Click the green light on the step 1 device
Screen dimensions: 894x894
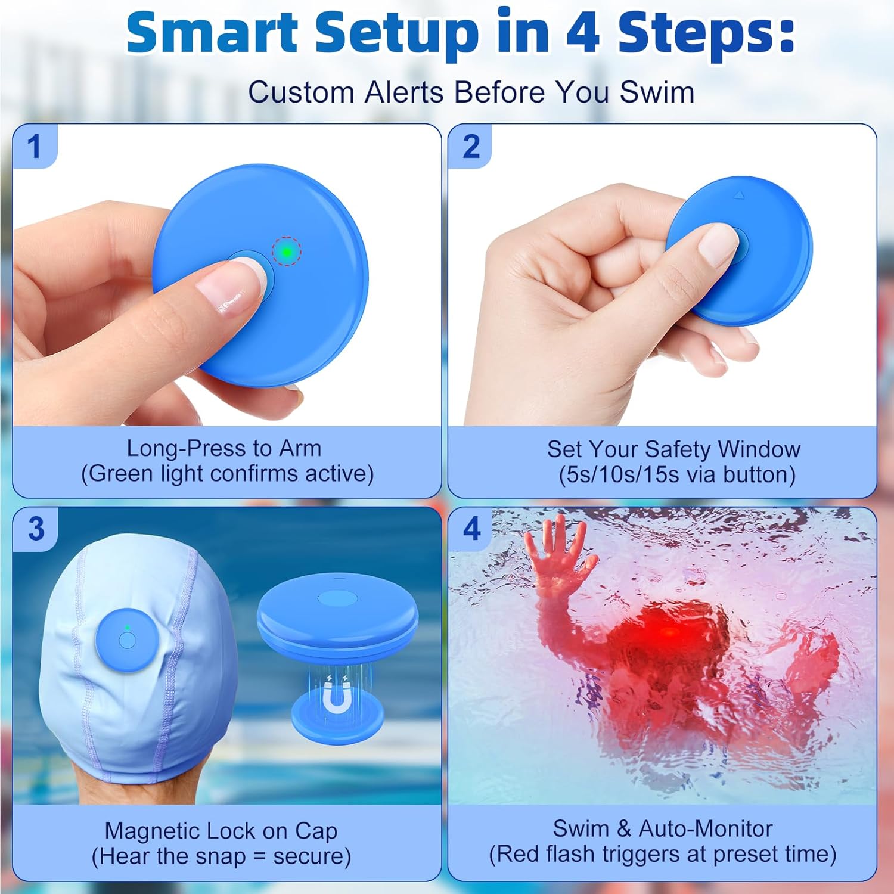pos(287,252)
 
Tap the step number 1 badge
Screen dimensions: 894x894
pos(35,147)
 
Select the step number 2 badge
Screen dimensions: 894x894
pos(471,147)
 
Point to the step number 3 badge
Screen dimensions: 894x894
pos(36,529)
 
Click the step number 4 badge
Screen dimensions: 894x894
pos(471,529)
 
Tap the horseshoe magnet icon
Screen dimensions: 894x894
pos(337,700)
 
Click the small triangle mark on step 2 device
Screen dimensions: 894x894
pos(739,194)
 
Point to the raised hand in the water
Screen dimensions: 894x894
pos(559,551)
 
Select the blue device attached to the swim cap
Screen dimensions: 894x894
pos(126,640)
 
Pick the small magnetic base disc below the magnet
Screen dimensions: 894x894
pos(337,722)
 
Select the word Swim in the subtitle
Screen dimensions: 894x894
pos(657,93)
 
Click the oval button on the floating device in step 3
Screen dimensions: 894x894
pos(337,597)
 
